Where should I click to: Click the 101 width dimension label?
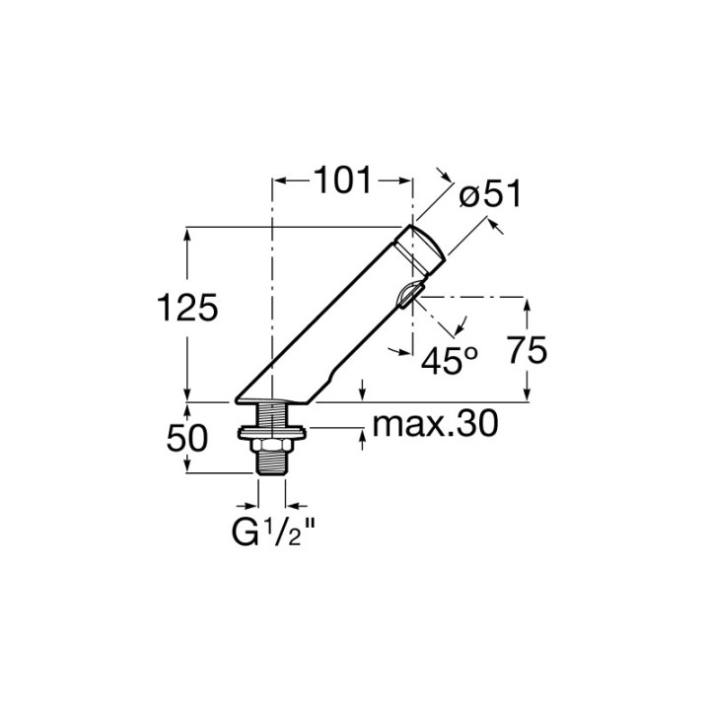pos(342,180)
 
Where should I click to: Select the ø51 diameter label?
pos(490,194)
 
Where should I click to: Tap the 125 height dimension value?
pos(187,308)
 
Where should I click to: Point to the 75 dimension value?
pos(527,350)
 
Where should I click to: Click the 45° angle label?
pos(450,361)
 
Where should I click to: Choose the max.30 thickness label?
pos(435,424)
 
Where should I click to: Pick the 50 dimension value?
pos(187,438)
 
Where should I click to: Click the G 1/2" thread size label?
pos(273,532)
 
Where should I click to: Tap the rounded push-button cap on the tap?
pos(422,250)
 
